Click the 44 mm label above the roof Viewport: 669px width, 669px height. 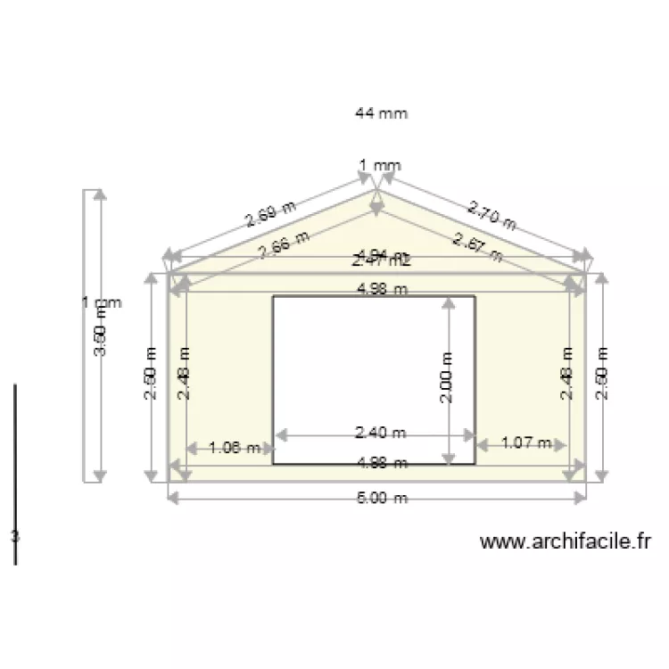tap(381, 113)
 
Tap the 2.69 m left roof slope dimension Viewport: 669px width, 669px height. tap(270, 216)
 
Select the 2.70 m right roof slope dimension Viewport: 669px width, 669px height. tap(491, 217)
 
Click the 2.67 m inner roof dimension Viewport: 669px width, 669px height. tap(477, 245)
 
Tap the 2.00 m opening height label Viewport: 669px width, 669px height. tap(448, 378)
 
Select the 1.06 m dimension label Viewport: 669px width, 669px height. tap(235, 448)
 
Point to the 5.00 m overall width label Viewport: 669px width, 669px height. tap(382, 499)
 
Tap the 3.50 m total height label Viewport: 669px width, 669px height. tap(100, 339)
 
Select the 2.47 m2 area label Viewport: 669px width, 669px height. tap(381, 261)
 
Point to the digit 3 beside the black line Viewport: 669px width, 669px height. tap(14, 536)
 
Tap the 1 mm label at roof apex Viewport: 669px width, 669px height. tap(380, 165)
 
